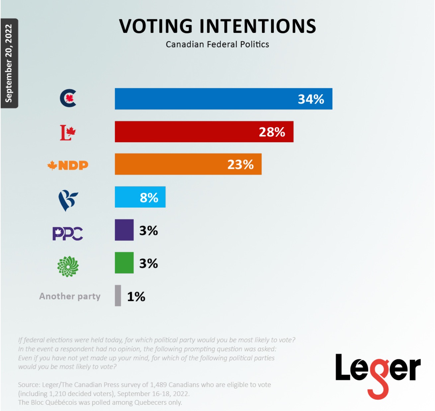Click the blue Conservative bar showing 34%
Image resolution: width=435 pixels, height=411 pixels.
tap(223, 99)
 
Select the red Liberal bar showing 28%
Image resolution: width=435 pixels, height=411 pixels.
tap(204, 132)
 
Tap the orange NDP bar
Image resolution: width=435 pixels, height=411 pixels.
tap(188, 164)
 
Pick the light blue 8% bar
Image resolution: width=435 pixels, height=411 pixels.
tap(140, 197)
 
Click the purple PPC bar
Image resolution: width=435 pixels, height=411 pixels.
tap(124, 230)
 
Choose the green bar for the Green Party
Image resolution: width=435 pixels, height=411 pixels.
tap(124, 263)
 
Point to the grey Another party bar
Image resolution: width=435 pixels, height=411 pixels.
tap(118, 296)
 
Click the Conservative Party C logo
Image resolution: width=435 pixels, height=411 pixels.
tap(68, 99)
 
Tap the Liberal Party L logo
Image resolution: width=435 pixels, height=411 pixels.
tap(68, 132)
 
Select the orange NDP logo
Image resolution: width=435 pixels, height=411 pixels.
tap(68, 165)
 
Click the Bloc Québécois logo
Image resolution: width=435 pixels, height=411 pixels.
tap(68, 200)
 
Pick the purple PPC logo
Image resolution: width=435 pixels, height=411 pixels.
tap(68, 234)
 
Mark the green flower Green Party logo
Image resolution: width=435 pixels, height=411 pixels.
tap(68, 266)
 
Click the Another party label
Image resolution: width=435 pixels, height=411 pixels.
tap(70, 296)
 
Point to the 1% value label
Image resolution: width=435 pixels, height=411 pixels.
tap(136, 297)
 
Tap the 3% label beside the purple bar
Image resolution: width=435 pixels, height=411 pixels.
tap(148, 231)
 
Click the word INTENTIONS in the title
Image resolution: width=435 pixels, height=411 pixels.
tap(258, 26)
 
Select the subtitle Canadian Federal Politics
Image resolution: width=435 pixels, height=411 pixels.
tap(217, 44)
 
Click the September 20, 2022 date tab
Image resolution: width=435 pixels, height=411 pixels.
tap(9, 63)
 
